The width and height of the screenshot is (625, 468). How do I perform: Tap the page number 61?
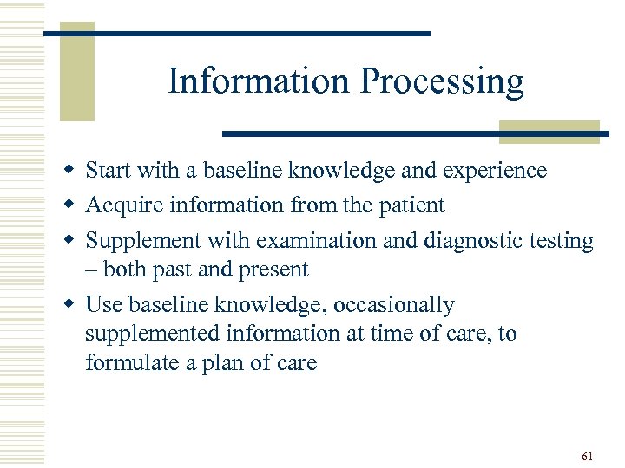coord(588,432)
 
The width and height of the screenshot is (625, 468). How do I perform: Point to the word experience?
coord(495,172)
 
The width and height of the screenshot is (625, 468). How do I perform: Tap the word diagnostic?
coord(470,241)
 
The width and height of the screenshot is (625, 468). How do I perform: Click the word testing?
coord(562,241)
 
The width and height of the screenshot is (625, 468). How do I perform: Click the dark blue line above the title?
coord(236,33)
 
